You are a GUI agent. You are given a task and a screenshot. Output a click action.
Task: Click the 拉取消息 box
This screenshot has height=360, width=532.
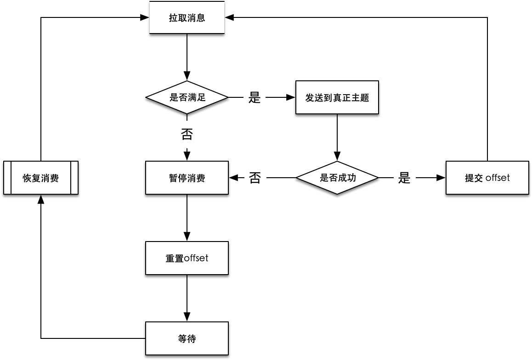pyautogui.click(x=187, y=17)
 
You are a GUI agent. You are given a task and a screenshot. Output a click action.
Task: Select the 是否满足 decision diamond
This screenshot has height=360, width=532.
pyautogui.click(x=187, y=97)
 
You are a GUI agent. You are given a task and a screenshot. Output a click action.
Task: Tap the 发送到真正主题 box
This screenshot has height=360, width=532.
pyautogui.click(x=337, y=97)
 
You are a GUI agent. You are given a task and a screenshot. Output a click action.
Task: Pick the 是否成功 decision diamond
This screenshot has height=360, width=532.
pyautogui.click(x=337, y=178)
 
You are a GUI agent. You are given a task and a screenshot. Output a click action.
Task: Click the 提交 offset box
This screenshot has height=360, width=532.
pyautogui.click(x=487, y=178)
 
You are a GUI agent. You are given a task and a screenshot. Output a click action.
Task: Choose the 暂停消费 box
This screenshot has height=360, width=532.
pyautogui.click(x=187, y=178)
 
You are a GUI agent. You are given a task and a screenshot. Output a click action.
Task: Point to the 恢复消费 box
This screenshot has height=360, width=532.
pyautogui.click(x=41, y=178)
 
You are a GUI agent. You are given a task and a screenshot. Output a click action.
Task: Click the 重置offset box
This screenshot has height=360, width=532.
pyautogui.click(x=187, y=258)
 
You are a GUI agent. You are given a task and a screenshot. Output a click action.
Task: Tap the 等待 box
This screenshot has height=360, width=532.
pyautogui.click(x=187, y=338)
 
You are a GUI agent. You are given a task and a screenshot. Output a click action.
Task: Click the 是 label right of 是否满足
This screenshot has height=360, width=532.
pyautogui.click(x=255, y=97)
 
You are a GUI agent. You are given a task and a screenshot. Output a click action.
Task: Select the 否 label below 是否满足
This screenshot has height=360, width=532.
pyautogui.click(x=187, y=134)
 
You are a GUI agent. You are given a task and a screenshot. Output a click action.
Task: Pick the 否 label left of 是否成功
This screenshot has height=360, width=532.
pyautogui.click(x=255, y=178)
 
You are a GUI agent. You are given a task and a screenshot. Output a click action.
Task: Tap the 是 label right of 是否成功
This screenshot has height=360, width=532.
pyautogui.click(x=404, y=178)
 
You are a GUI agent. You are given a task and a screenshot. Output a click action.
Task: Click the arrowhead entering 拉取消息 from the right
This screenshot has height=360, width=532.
pyautogui.click(x=229, y=17)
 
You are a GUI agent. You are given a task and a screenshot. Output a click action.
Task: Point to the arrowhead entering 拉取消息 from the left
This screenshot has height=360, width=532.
pyautogui.click(x=145, y=17)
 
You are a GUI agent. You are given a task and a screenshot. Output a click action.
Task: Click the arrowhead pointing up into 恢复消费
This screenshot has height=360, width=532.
pyautogui.click(x=41, y=199)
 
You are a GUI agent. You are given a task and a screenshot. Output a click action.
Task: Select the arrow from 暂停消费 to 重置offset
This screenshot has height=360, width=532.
pyautogui.click(x=187, y=218)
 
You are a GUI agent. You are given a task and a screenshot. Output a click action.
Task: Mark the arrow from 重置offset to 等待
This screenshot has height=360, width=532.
pyautogui.click(x=187, y=298)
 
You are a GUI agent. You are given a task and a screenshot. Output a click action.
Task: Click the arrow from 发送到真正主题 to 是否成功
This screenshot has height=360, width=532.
pyautogui.click(x=337, y=137)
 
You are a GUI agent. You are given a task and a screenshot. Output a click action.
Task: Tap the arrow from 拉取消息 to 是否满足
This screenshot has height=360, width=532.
pyautogui.click(x=187, y=57)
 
